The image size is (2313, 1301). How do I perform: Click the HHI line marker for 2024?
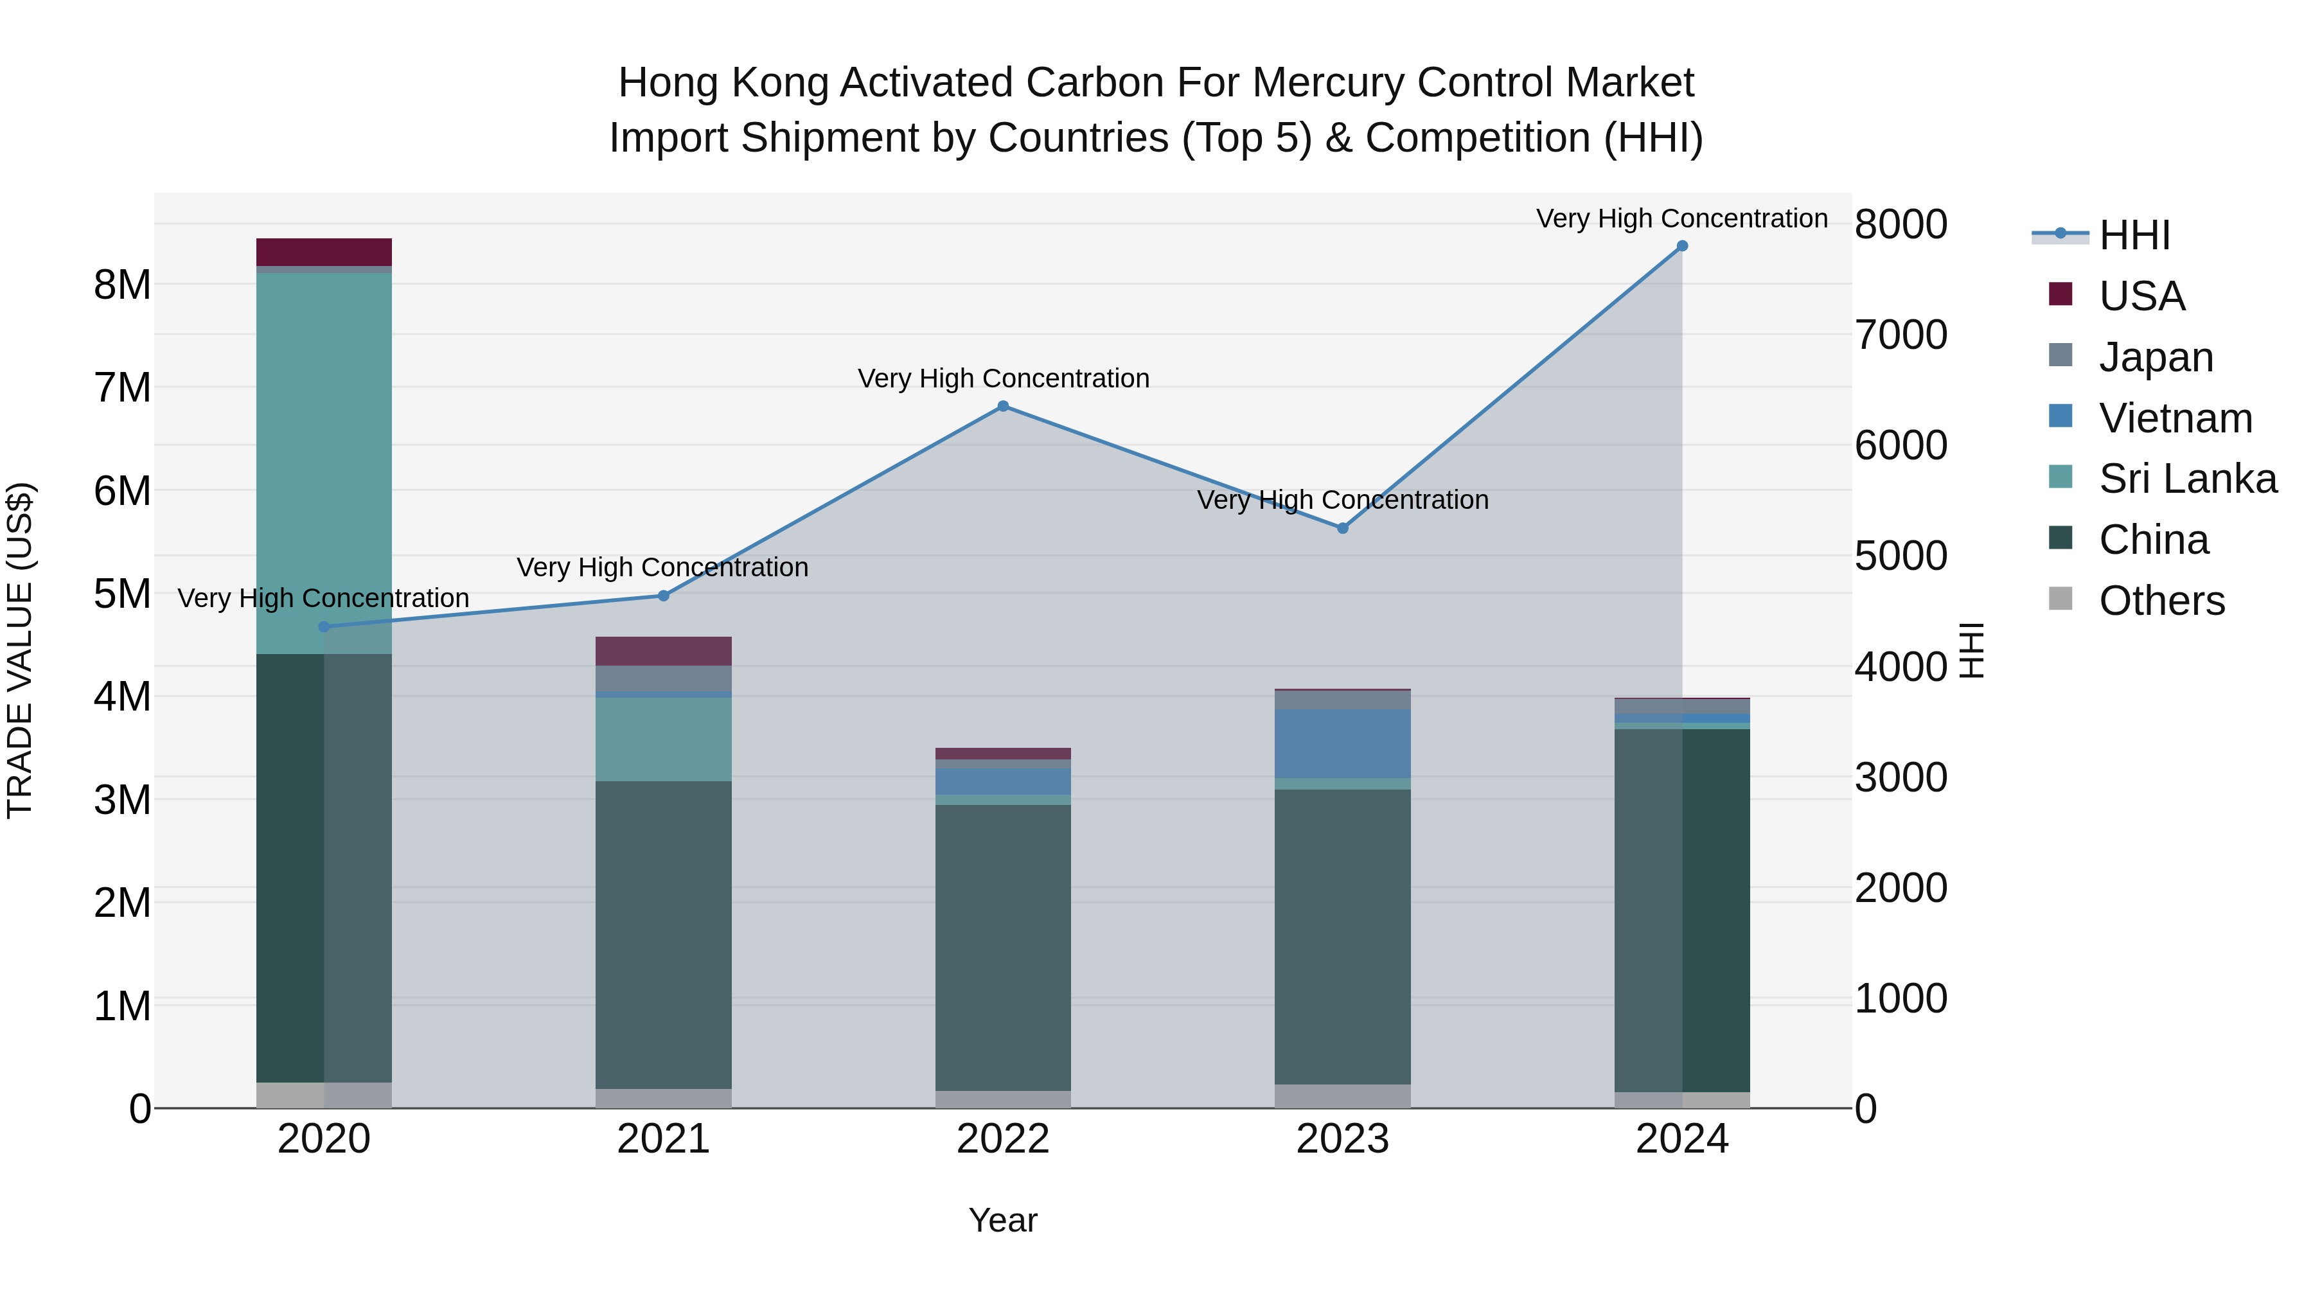[1682, 246]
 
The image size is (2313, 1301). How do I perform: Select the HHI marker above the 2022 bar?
[1003, 406]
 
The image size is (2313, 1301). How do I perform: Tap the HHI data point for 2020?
[324, 626]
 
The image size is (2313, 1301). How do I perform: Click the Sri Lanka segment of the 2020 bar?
[324, 463]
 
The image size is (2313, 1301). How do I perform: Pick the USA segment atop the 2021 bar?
[664, 651]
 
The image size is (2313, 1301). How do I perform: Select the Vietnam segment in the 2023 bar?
[1342, 743]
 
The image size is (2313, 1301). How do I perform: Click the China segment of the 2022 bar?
[1003, 947]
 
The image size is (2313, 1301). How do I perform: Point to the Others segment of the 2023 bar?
[1342, 1095]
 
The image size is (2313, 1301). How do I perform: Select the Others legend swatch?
[2060, 599]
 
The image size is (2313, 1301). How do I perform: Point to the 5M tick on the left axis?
[122, 594]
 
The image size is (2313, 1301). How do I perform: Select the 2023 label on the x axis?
[1342, 1139]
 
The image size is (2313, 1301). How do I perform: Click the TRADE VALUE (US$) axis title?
[20, 650]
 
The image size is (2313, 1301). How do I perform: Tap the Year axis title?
[1003, 1220]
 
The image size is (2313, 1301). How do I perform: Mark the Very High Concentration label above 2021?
[662, 567]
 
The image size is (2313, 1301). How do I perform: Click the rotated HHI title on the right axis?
[1971, 650]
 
